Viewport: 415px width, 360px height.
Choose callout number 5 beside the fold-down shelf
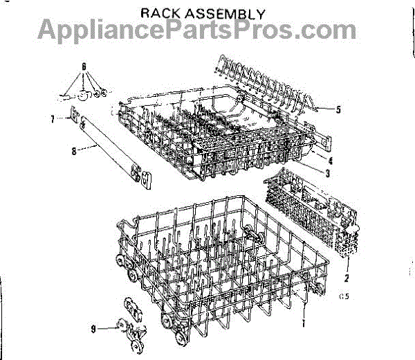click(338, 109)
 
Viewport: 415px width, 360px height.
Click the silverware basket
click(318, 208)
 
